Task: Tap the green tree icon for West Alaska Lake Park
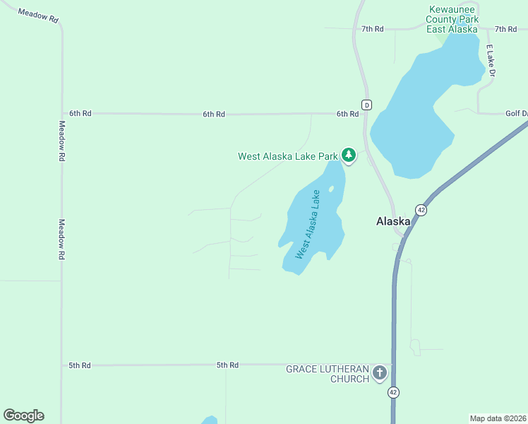coord(348,155)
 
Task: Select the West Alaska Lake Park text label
coord(287,156)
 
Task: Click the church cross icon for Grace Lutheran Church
coord(380,373)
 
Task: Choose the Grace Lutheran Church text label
coord(327,374)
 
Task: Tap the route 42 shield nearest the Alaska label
coord(421,210)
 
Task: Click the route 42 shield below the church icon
coord(393,392)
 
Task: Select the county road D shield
coord(366,105)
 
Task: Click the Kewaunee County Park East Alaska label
coord(452,19)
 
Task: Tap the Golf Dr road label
coord(516,113)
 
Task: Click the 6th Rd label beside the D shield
coord(347,114)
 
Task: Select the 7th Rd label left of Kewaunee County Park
coord(372,29)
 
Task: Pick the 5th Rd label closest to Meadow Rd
coord(80,365)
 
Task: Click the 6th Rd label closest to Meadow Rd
coord(80,113)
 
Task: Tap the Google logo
coord(23,416)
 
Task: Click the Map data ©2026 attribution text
coord(498,418)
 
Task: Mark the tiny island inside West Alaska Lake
coord(330,189)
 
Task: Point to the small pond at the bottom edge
coord(209,420)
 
